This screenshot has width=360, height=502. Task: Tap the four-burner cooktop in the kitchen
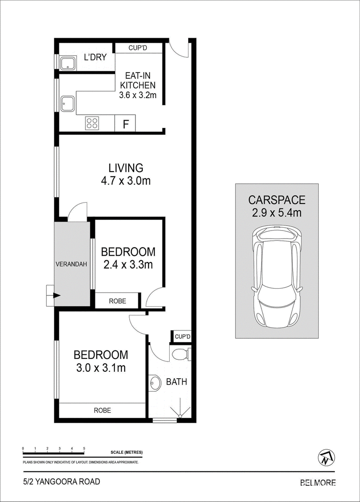coord(92,123)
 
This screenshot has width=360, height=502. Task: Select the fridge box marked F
coord(125,123)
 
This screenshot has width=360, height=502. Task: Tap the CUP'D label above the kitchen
coord(138,48)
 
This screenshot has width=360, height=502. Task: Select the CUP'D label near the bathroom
coord(182,337)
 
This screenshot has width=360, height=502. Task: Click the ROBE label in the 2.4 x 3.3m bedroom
coord(117,301)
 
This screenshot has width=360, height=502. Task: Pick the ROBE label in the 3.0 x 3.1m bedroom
coord(103,410)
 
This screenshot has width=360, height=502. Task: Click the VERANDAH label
coord(72,264)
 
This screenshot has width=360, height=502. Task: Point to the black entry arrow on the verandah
coord(57,295)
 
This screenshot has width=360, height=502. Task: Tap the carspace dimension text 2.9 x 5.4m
coord(277,213)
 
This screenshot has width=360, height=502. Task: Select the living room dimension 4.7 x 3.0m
coord(126,181)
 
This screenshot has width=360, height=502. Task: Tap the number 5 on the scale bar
coord(84,448)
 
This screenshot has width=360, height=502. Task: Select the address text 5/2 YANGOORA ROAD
coord(62,481)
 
